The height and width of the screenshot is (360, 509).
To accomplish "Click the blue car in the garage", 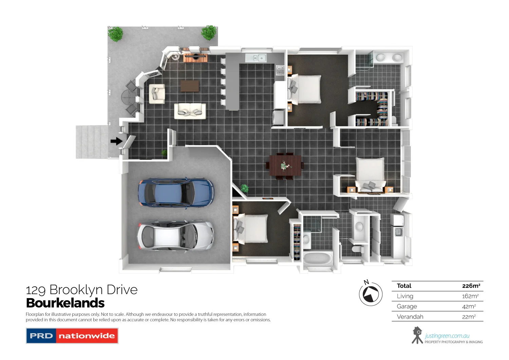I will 176,192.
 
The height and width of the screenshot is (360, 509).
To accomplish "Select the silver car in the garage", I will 175,236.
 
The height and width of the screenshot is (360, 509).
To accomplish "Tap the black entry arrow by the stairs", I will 116,141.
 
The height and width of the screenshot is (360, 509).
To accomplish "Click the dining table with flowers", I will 285,165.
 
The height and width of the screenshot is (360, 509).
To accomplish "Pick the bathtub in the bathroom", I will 318,259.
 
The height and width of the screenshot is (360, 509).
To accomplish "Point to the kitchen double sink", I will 256,58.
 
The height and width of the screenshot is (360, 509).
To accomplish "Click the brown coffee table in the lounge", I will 190,86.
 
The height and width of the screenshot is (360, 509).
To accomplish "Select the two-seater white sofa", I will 190,111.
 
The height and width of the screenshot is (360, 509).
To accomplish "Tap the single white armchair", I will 157,94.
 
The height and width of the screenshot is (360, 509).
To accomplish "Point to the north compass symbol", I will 371,294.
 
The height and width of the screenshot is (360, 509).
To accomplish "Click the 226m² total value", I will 471,286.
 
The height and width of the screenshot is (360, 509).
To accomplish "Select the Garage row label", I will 407,306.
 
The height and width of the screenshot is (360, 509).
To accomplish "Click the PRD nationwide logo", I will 72,336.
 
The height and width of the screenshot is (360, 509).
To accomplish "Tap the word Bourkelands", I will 65,303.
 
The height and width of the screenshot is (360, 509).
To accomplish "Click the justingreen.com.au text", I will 447,336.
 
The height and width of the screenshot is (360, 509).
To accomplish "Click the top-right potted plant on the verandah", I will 208,33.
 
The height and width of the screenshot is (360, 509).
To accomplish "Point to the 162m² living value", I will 470,296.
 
